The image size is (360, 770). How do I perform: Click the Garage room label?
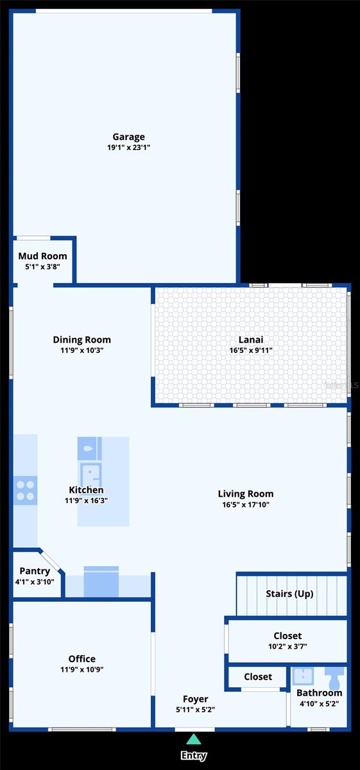[x=128, y=137]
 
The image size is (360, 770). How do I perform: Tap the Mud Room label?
[x=42, y=256]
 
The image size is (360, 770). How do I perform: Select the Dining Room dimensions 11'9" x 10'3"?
[x=82, y=350]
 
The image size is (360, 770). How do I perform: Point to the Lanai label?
[x=251, y=339]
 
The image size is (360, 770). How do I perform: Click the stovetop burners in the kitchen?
[x=26, y=490]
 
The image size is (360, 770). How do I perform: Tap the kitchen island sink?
[x=89, y=449]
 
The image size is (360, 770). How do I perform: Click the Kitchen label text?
[x=86, y=490]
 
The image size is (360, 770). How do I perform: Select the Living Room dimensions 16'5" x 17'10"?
[x=246, y=504]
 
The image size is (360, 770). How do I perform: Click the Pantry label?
[x=35, y=571]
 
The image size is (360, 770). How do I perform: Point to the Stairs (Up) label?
[x=289, y=594]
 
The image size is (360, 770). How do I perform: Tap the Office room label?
[x=82, y=658]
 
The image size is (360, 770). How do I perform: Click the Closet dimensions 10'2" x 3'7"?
[x=287, y=646]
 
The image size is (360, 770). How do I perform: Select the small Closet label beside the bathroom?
[x=258, y=676]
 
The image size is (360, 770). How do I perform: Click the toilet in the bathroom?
[x=334, y=676]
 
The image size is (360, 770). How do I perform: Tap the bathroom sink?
[x=303, y=676]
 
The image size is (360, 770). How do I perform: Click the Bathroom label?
[x=320, y=692]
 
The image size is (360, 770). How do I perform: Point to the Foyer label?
[x=195, y=699]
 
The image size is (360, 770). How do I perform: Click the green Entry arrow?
[x=194, y=739]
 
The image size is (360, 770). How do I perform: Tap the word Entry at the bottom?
[x=194, y=756]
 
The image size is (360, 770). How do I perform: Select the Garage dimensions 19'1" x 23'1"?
[x=128, y=148]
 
